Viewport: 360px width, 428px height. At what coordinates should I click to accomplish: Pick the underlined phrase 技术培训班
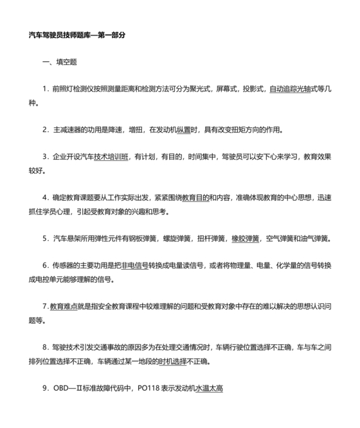pyautogui.click(x=111, y=157)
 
